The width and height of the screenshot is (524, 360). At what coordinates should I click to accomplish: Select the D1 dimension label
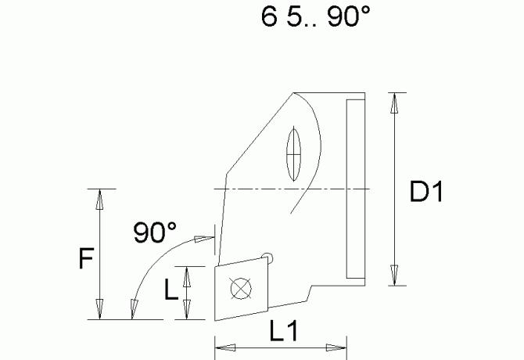(426, 192)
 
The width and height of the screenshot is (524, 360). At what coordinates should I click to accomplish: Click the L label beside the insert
(171, 292)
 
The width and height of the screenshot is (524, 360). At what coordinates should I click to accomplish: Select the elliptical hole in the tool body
(295, 153)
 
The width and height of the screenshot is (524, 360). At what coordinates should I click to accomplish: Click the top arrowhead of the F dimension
(99, 200)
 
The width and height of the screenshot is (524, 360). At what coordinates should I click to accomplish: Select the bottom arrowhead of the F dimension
(99, 308)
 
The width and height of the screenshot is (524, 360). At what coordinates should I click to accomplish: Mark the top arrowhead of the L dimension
(186, 275)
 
